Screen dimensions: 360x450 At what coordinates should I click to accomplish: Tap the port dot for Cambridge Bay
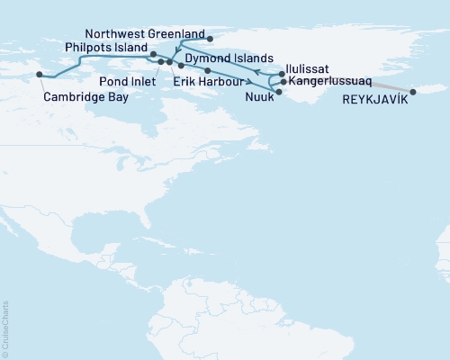39,75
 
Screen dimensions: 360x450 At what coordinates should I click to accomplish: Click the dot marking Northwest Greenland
209,39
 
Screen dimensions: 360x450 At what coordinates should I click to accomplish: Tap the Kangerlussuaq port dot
283,82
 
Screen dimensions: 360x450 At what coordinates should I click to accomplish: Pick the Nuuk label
259,95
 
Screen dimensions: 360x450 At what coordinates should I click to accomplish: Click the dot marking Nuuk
279,92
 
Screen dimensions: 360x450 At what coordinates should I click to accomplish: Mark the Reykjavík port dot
413,92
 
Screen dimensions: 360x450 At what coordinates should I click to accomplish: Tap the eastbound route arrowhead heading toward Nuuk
247,82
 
